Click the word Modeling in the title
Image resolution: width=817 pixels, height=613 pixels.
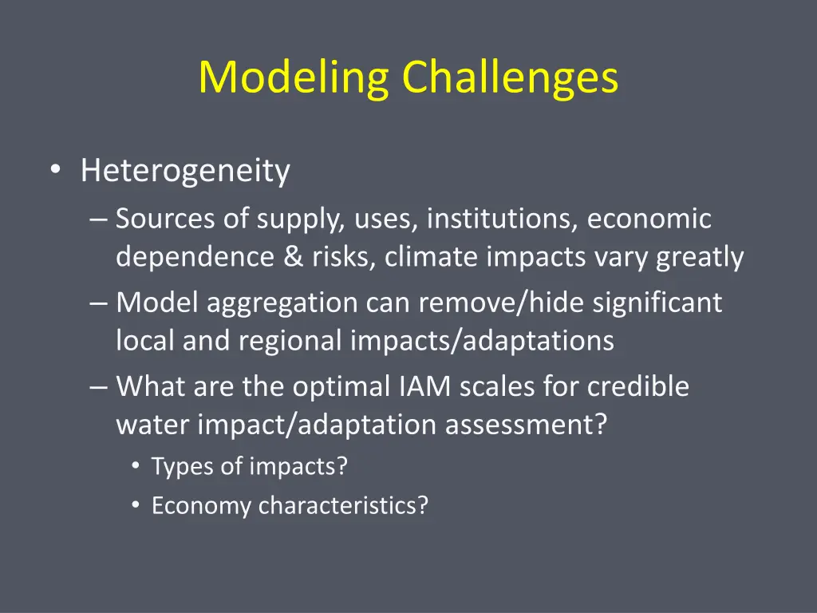point(294,78)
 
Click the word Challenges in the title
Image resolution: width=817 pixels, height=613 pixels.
point(510,78)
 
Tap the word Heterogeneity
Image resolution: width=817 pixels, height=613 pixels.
point(185,171)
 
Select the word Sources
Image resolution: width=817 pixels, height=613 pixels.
point(164,219)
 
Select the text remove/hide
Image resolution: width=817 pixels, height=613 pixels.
point(483,303)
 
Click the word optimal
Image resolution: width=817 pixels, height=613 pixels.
point(341,387)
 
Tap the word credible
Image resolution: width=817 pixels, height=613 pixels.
point(638,387)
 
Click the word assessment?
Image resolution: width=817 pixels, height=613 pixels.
point(527,425)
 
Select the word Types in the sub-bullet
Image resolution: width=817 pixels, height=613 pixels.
point(174,466)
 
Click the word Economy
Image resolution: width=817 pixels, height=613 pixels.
point(202,506)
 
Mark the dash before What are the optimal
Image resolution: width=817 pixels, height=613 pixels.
point(98,387)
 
